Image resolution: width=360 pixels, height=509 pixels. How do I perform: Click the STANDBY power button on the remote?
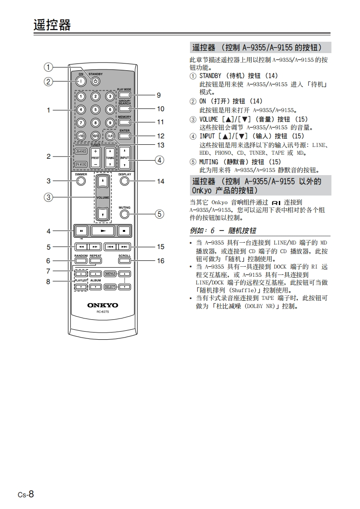tap(95, 82)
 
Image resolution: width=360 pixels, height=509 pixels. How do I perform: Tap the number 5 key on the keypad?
tap(95, 109)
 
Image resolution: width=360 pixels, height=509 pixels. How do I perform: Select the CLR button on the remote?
tap(110, 136)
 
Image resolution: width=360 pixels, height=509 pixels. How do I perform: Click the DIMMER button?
tap(81, 181)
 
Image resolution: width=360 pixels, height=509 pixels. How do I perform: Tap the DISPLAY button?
tap(125, 181)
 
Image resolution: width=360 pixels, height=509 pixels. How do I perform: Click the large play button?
tap(103, 231)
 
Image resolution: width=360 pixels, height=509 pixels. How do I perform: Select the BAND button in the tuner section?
tap(81, 151)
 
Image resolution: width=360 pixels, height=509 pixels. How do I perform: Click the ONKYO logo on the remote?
tap(102, 305)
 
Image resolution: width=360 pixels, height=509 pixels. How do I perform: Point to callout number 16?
tap(161, 261)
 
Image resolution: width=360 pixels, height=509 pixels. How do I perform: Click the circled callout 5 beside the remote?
tap(159, 214)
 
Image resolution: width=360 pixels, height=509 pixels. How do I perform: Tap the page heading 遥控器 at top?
tap(52, 24)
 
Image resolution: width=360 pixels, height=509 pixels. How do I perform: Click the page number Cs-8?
tap(26, 494)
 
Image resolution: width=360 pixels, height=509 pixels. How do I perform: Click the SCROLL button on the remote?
tap(124, 261)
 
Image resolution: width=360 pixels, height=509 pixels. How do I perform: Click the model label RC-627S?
tap(102, 312)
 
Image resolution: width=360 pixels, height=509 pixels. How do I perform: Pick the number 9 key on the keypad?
tap(110, 122)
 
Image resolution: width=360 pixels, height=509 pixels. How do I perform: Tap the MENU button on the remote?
tap(110, 274)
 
